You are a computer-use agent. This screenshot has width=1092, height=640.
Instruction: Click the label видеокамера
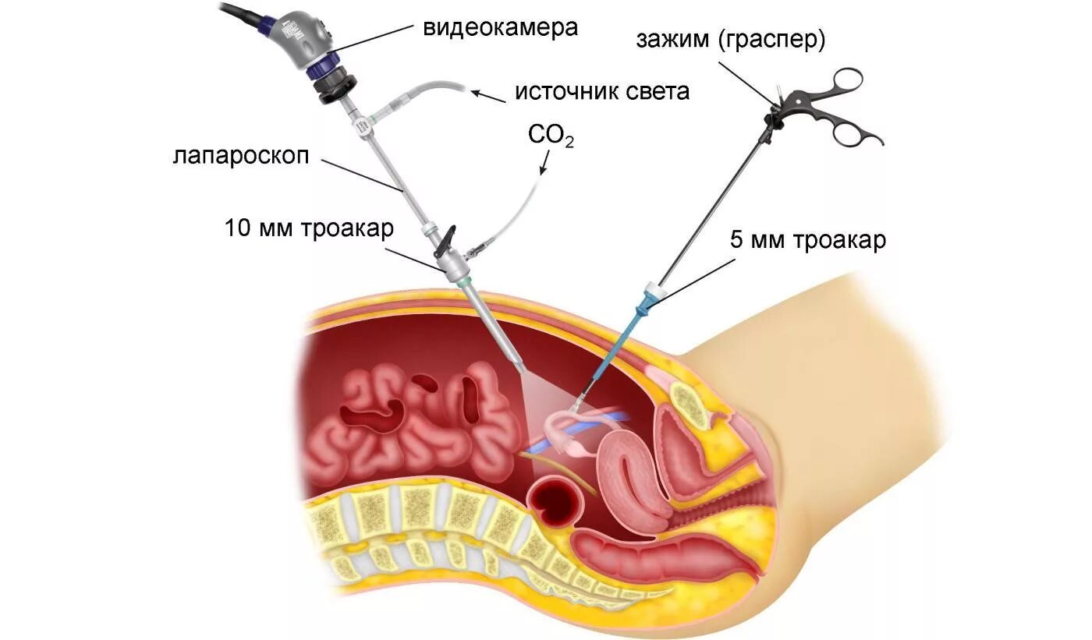(500, 28)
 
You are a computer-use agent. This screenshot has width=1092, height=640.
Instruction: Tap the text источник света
(601, 92)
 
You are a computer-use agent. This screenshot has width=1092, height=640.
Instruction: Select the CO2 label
(551, 136)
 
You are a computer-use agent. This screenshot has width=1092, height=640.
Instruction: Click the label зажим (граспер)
(730, 41)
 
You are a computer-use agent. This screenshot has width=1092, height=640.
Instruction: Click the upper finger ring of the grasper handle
(847, 80)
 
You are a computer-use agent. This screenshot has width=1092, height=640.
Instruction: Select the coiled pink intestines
(413, 425)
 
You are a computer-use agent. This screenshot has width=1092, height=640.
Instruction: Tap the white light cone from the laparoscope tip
(546, 398)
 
